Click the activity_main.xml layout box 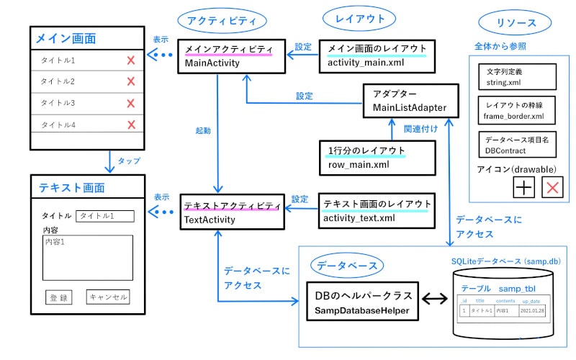377,56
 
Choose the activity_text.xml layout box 377,210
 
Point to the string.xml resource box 516,77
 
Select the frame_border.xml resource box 516,109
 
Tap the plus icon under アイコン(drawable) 523,189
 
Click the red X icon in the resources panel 552,189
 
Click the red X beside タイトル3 130,104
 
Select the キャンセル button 108,296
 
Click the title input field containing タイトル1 105,215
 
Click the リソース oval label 516,22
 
